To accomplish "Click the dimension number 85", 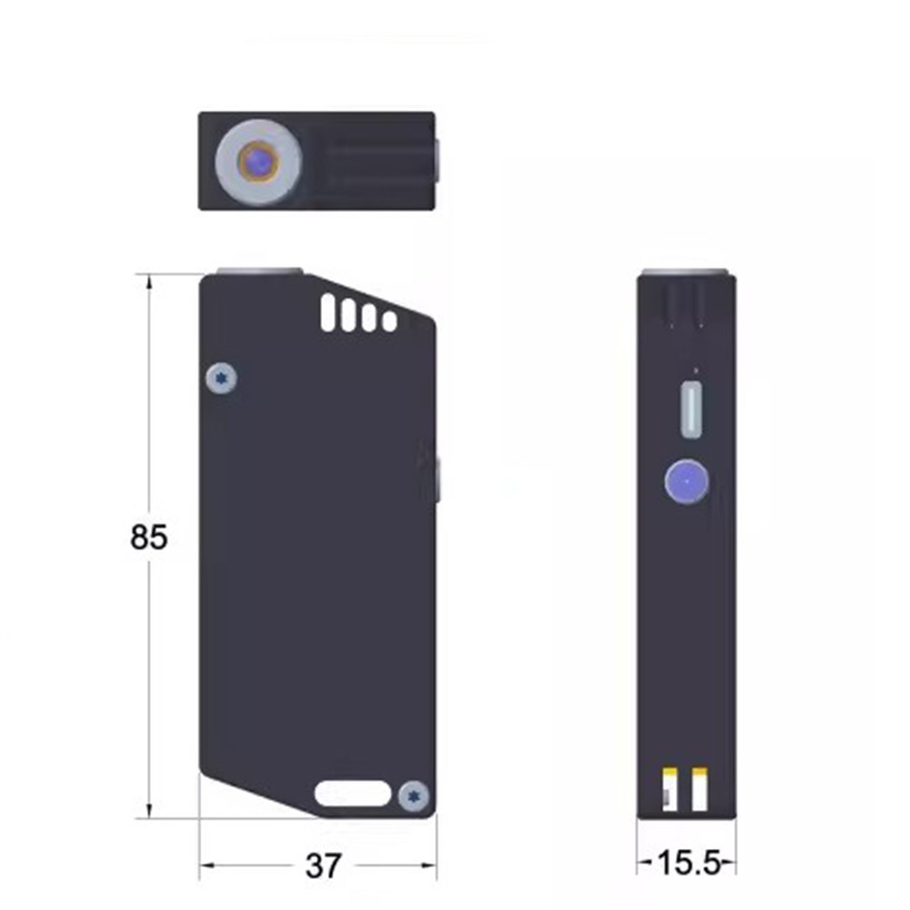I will (148, 538).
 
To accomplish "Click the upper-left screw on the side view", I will (221, 378).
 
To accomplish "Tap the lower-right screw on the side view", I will (414, 794).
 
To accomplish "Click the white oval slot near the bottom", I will (353, 794).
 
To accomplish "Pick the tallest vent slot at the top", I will (329, 312).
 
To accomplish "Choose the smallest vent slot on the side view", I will (389, 321).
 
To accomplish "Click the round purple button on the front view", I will (687, 480).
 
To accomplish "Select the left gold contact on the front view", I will (670, 789).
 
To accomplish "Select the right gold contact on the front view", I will (700, 789).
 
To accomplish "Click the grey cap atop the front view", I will (685, 273).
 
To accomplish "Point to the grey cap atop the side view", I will (259, 270).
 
